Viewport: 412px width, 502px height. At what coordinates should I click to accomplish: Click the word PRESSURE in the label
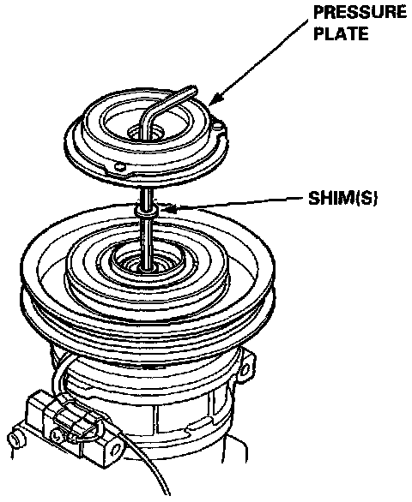pos(360,12)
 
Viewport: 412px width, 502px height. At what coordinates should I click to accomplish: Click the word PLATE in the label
pos(341,33)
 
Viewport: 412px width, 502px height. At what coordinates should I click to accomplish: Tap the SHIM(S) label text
pos(342,199)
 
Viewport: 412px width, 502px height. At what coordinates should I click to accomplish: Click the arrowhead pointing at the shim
pos(167,210)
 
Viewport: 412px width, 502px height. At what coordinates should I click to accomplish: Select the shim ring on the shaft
pos(147,211)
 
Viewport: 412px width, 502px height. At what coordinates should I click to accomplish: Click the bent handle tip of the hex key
pos(191,90)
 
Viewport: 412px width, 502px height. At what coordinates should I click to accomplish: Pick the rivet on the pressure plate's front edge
pos(119,166)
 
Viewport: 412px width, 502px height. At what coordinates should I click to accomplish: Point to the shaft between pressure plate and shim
pos(148,197)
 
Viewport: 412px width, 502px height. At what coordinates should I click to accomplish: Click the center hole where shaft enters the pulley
pos(148,267)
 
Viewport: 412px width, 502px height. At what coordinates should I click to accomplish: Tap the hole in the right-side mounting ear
pos(246,371)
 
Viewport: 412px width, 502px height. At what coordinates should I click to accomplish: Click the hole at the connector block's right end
pos(113,451)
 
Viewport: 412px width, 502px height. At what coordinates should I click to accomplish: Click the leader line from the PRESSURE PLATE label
pos(261,58)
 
